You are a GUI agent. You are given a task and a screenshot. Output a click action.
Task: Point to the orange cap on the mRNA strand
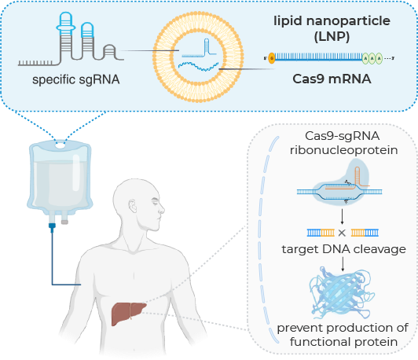click(271, 57)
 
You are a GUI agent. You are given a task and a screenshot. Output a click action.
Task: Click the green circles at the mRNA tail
click(372, 57)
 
